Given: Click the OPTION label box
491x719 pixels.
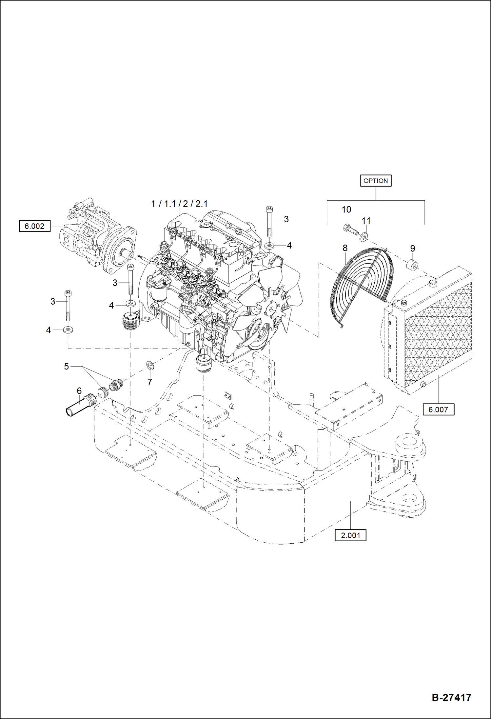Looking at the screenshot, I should point(376,181).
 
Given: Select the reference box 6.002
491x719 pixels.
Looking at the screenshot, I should point(34,226).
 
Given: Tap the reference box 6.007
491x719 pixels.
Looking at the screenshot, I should point(438,409).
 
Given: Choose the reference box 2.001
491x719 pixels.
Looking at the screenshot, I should point(350,535).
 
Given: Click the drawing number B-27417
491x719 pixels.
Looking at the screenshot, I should point(451,697).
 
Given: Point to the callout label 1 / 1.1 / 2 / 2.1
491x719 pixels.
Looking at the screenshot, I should point(179,204).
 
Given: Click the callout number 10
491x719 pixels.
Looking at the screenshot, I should point(346,210).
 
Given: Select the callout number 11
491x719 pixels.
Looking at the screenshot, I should point(366,221).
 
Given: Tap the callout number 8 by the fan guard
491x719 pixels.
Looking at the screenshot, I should point(345,248).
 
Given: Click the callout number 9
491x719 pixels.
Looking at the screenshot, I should point(412,249).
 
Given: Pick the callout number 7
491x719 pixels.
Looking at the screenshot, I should point(149,382).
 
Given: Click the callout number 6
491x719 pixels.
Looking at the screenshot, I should point(79,391).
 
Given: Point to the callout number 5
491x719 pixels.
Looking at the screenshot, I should point(66,367).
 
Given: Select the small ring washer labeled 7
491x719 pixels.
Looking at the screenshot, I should point(150,365).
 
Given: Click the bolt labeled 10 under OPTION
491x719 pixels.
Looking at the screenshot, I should point(350,229).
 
